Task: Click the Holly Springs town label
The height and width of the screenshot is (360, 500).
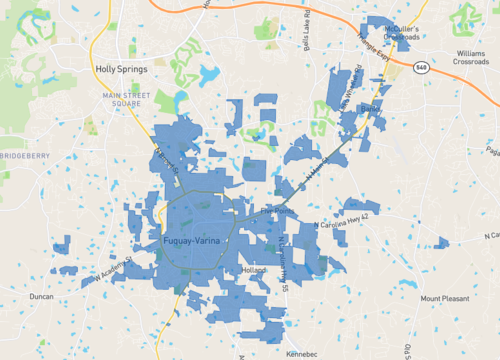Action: tap(120, 70)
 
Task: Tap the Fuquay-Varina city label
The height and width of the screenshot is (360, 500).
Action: tap(197, 242)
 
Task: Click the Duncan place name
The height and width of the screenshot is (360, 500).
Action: tap(41, 297)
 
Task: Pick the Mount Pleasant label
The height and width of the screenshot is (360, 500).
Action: tap(444, 298)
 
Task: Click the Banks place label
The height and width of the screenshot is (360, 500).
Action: tap(372, 106)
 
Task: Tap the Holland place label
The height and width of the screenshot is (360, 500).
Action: tap(256, 270)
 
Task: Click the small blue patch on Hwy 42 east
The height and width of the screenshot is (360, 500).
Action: tap(441, 242)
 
